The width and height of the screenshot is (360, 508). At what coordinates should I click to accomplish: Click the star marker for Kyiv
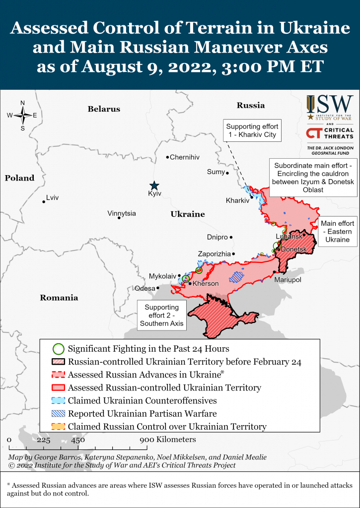tap(154, 185)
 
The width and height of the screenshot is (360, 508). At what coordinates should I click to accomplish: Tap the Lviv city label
tap(52, 198)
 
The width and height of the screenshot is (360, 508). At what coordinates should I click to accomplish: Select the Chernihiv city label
tap(184, 157)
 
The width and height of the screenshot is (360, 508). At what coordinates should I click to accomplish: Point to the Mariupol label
tap(288, 280)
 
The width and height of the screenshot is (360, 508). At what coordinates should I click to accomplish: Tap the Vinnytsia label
tap(121, 213)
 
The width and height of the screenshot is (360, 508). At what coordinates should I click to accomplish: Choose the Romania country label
tap(60, 298)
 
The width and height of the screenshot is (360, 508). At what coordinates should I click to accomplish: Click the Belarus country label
tap(104, 109)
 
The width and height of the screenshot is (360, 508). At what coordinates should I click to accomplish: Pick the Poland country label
tap(20, 178)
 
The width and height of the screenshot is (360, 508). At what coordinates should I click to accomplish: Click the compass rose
tap(23, 116)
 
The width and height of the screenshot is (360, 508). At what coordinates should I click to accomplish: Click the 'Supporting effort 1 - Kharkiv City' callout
tap(252, 130)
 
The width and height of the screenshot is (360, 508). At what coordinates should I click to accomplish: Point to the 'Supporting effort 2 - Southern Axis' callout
tap(161, 316)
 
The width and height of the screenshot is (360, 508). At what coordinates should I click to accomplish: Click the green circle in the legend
tap(58, 349)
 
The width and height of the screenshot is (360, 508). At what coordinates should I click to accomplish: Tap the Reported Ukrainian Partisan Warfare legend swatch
tap(58, 413)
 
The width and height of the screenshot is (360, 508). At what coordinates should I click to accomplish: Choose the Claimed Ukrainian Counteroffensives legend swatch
tap(58, 400)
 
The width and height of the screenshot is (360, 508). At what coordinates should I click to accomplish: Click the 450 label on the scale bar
tap(77, 440)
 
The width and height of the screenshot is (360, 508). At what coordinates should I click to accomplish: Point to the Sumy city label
tap(216, 172)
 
